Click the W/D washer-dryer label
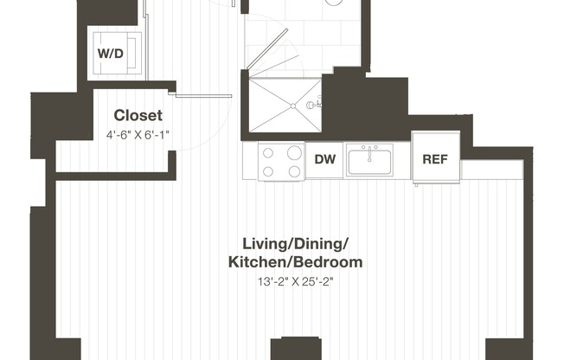(110, 55)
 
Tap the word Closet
(138, 115)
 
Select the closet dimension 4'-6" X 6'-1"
(138, 134)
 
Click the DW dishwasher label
(324, 160)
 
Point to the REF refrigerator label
(434, 160)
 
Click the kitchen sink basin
(369, 162)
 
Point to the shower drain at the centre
(294, 106)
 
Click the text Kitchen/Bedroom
(294, 261)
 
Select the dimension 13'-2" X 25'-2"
(294, 281)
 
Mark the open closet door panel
(206, 93)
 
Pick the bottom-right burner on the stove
(293, 171)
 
